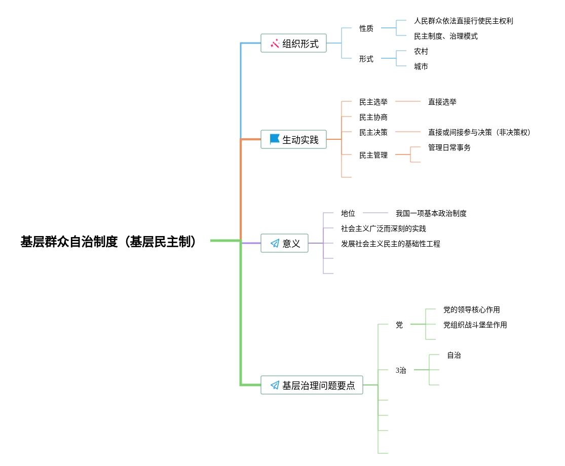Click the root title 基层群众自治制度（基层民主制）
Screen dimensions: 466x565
pyautogui.click(x=108, y=242)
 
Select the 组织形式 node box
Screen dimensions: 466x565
pyautogui.click(x=294, y=44)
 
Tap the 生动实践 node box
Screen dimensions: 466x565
pyautogui.click(x=294, y=139)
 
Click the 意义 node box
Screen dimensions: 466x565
pyautogui.click(x=285, y=243)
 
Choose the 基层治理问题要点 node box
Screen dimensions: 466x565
pyautogui.click(x=312, y=385)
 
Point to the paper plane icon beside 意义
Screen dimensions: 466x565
pyautogui.click(x=275, y=244)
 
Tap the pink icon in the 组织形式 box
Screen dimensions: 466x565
pyautogui.click(x=275, y=44)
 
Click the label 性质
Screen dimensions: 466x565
pyautogui.click(x=366, y=28)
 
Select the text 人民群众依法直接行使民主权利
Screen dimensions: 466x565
pyautogui.click(x=463, y=21)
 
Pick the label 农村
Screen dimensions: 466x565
pyautogui.click(x=421, y=51)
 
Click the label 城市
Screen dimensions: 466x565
pyautogui.click(x=421, y=66)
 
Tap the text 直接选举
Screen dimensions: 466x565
pyautogui.click(x=442, y=102)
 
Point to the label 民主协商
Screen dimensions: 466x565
pyautogui.click(x=373, y=117)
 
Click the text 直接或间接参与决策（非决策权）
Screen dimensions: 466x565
pyautogui.click(x=479, y=132)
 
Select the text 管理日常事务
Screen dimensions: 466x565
pyautogui.click(x=449, y=147)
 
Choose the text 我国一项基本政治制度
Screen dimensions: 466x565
pyautogui.click(x=431, y=213)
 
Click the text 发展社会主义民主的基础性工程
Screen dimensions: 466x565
pyautogui.click(x=391, y=244)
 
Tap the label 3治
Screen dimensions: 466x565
pyautogui.click(x=401, y=370)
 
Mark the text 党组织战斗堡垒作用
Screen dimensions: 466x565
pyautogui.click(x=475, y=325)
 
